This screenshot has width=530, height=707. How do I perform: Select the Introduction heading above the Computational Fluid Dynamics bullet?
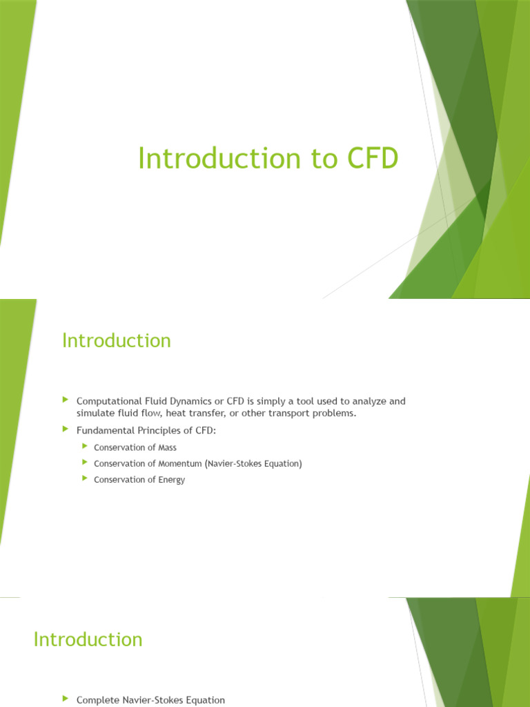point(116,340)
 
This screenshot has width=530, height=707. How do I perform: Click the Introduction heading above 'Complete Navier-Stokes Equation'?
point(88,639)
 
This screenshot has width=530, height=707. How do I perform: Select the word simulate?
point(95,413)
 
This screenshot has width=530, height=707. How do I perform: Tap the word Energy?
point(171,480)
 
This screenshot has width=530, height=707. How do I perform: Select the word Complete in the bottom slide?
point(97,700)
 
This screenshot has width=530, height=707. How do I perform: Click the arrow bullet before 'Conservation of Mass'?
point(84,447)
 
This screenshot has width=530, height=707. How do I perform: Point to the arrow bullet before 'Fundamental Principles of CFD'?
point(66,429)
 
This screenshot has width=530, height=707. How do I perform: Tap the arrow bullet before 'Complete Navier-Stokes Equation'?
point(66,699)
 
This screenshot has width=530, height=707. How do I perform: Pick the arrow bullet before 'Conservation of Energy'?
point(84,479)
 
